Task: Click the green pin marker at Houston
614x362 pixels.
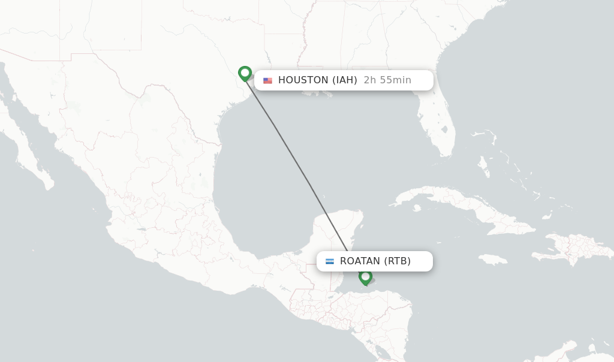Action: pyautogui.click(x=245, y=73)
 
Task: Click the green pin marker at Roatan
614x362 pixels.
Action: pyautogui.click(x=365, y=277)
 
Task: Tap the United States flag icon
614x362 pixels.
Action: pyautogui.click(x=267, y=80)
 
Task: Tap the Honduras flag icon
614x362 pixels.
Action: pyautogui.click(x=330, y=261)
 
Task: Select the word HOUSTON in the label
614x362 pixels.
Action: pyautogui.click(x=303, y=80)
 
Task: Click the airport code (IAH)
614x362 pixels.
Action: pyautogui.click(x=345, y=80)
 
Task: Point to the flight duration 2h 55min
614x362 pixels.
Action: pyautogui.click(x=387, y=80)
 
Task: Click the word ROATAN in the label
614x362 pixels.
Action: pyautogui.click(x=360, y=261)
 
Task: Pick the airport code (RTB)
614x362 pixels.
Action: pyautogui.click(x=398, y=261)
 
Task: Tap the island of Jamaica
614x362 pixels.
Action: pyautogui.click(x=493, y=260)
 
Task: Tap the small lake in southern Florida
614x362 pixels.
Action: pyautogui.click(x=444, y=129)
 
